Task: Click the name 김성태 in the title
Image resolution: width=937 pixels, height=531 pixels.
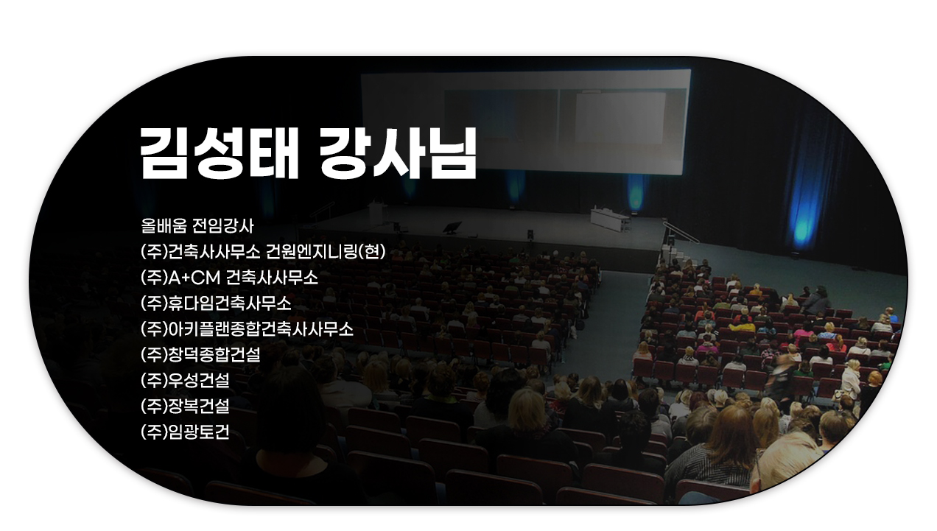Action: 220,153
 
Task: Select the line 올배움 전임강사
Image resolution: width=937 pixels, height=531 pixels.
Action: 197,226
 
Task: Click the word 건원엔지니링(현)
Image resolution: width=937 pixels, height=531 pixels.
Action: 326,252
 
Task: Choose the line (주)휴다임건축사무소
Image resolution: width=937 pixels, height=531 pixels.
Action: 216,303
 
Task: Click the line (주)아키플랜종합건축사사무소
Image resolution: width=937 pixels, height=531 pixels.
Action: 247,329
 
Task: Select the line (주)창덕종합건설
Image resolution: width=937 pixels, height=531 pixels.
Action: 200,354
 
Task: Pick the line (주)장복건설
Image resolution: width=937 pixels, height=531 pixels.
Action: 185,406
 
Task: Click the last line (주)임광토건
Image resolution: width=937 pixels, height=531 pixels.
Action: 185,432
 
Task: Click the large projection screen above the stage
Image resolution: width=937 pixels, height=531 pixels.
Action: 526,122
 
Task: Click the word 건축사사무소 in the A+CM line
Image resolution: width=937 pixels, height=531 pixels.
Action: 272,278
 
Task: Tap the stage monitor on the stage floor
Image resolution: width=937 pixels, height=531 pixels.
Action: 452,228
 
